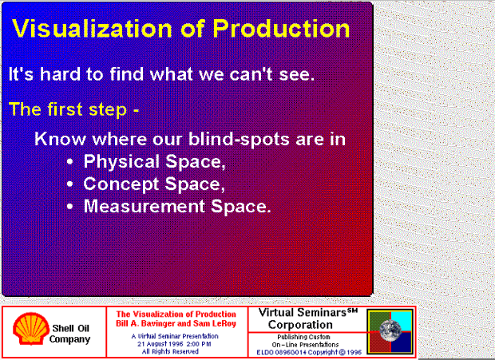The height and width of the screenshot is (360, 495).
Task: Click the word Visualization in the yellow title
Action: click(92, 29)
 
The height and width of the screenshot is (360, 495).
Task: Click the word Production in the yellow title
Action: click(281, 29)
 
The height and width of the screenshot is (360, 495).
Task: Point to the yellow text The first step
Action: click(68, 109)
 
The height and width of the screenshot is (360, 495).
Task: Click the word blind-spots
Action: click(239, 139)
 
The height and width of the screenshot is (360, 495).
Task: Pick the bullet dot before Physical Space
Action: click(70, 162)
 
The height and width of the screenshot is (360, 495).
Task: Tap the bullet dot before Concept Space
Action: click(70, 184)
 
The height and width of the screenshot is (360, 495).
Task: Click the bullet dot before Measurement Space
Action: click(70, 207)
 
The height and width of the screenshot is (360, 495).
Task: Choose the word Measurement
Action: click(145, 207)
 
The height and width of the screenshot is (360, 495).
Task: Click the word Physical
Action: click(121, 162)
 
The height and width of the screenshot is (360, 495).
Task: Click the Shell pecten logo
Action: click(31, 328)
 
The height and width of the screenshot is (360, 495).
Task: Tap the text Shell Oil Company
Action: click(69, 334)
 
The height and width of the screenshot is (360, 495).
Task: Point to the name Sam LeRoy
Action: click(215, 323)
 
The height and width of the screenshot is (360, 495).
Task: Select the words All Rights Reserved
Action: click(170, 351)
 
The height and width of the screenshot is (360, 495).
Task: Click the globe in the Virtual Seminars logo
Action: click(390, 330)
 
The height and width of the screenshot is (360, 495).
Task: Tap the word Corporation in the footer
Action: click(300, 325)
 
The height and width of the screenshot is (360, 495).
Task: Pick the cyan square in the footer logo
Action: click(402, 321)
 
